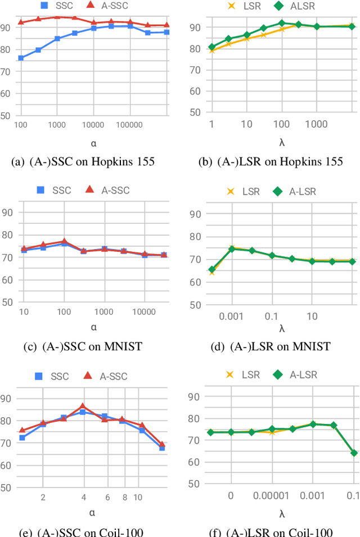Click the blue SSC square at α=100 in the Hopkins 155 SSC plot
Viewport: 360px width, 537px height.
point(21,58)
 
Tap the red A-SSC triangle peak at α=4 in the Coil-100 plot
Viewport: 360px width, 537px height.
point(83,406)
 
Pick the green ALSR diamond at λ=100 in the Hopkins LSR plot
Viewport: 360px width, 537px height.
point(282,24)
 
